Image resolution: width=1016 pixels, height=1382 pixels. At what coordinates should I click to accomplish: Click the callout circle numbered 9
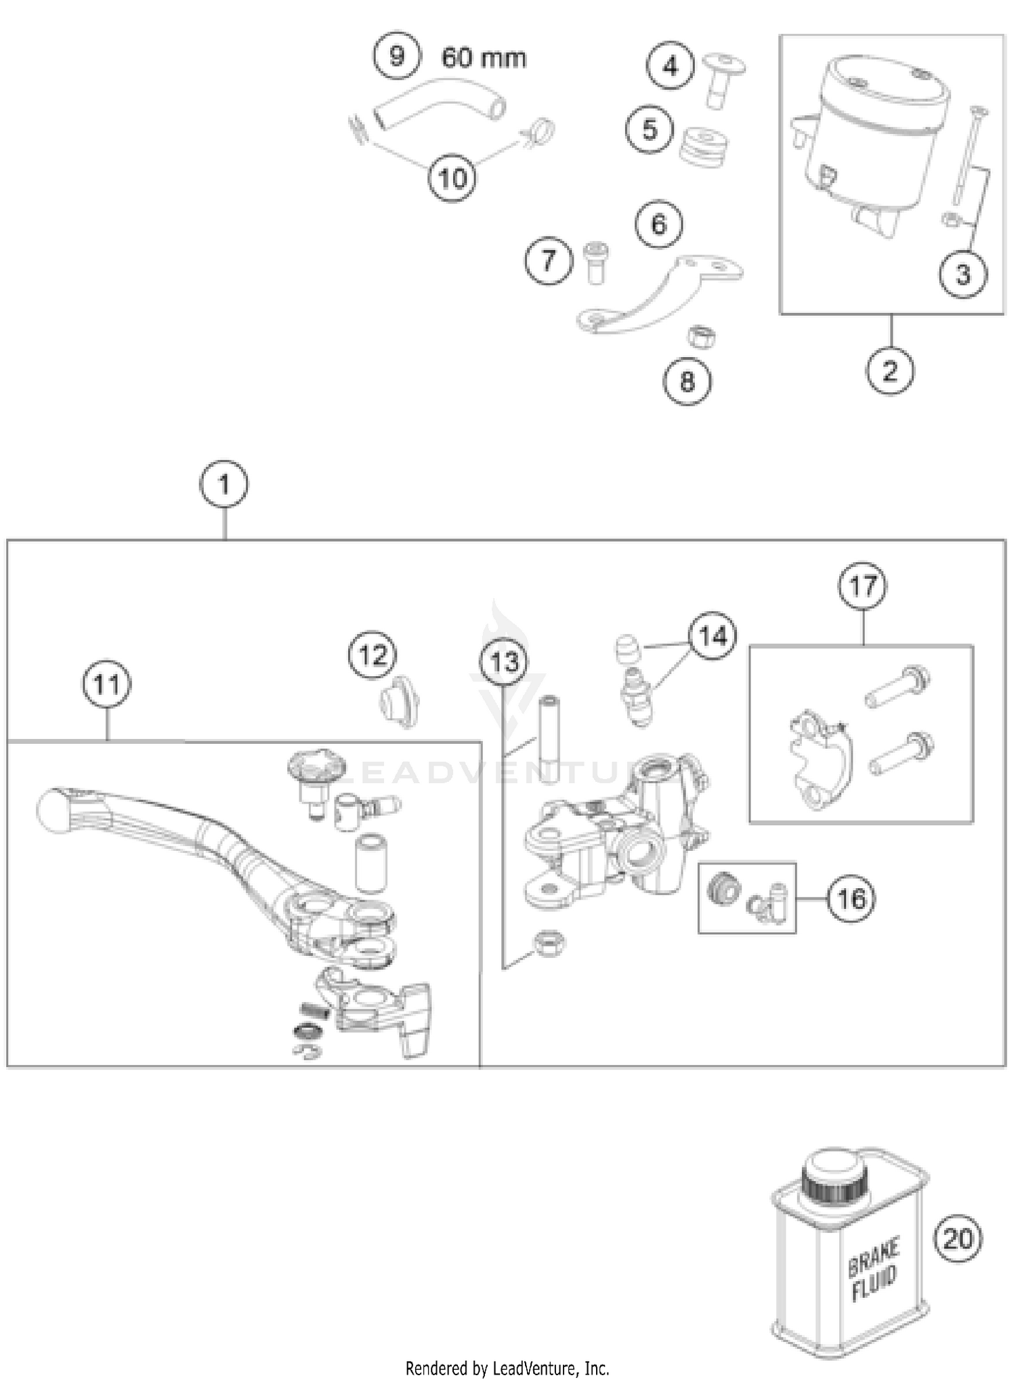pos(396,56)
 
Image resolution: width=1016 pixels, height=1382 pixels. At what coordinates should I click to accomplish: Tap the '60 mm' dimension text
pos(484,58)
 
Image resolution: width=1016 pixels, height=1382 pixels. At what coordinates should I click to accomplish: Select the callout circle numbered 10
pos(452,179)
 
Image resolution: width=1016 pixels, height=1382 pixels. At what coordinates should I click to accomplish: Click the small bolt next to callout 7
pos(596,262)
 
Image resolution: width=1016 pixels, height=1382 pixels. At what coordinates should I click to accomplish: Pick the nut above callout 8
pos(702,336)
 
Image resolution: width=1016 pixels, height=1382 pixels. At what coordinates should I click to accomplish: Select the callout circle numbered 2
pos(889,371)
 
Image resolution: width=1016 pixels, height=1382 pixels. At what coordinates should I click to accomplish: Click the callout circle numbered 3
pos(962,274)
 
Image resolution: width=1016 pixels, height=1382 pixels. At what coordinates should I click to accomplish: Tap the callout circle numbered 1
pos(224,484)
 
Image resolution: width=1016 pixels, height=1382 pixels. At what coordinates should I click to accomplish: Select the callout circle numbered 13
pos(504,662)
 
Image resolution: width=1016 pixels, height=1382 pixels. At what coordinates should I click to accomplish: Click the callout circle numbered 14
pos(713,636)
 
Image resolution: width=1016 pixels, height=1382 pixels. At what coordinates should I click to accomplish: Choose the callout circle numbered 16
pos(851,899)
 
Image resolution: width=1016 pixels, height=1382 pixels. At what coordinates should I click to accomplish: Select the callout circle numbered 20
pos(957,1240)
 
